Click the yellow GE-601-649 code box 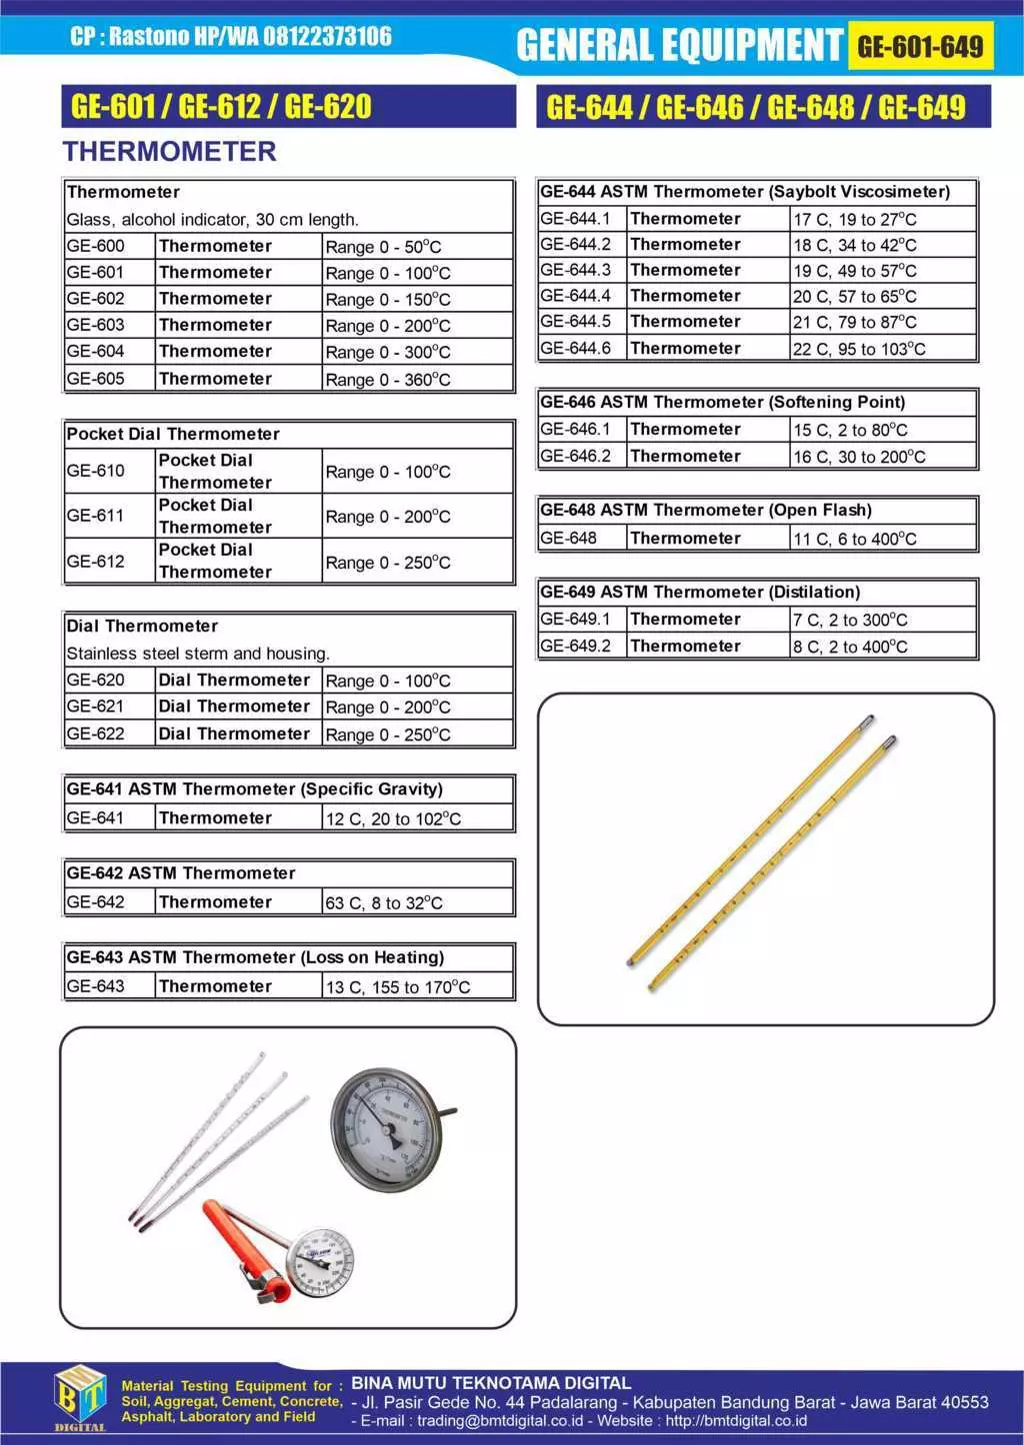point(920,46)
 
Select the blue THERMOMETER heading point(169,152)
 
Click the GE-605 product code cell point(96,379)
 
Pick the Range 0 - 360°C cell point(388,380)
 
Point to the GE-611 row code point(96,516)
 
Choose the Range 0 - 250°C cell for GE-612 point(388,563)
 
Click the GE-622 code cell point(96,733)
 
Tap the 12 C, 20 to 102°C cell point(393,818)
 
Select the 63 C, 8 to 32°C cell point(384,902)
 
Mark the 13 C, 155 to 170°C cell point(398,987)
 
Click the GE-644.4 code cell point(576,296)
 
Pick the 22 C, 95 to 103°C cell point(859,349)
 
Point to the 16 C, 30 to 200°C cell point(859,457)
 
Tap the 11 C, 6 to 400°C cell point(855,539)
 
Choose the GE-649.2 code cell point(576,647)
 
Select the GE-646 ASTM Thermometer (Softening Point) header point(723,402)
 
